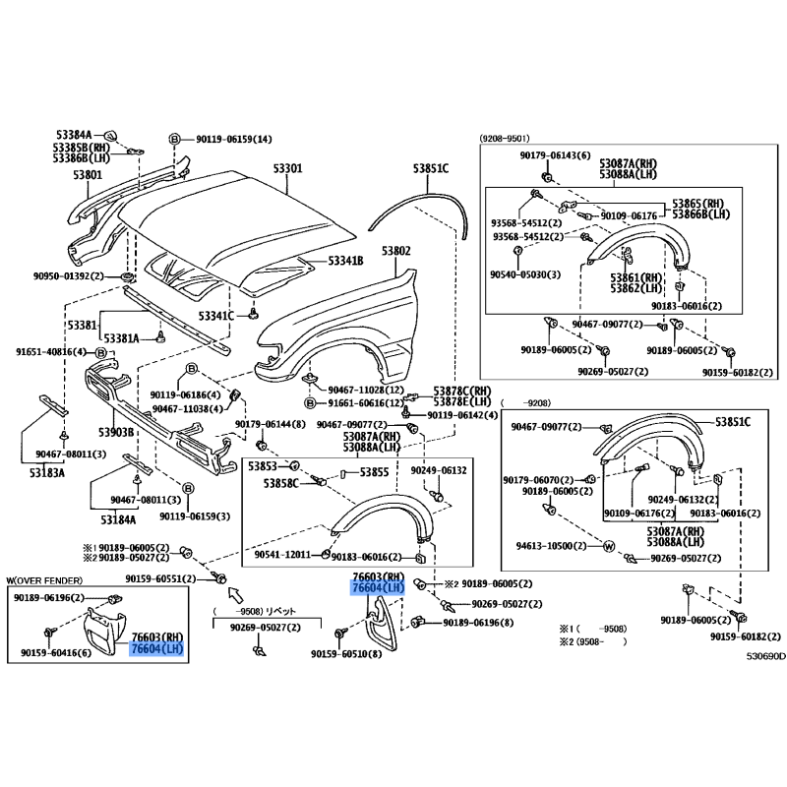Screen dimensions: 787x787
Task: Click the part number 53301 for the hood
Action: tap(288, 169)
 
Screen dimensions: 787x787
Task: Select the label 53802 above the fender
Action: tap(395, 252)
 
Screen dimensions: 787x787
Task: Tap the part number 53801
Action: tap(87, 175)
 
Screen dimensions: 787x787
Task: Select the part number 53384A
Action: tap(73, 135)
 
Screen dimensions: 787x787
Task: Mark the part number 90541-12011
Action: tap(282, 555)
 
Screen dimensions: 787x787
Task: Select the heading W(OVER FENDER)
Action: tap(47, 581)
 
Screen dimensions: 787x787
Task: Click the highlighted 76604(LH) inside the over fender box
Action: tap(157, 649)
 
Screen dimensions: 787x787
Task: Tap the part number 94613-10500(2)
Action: tap(553, 545)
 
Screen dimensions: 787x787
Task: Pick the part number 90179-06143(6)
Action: tap(556, 155)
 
